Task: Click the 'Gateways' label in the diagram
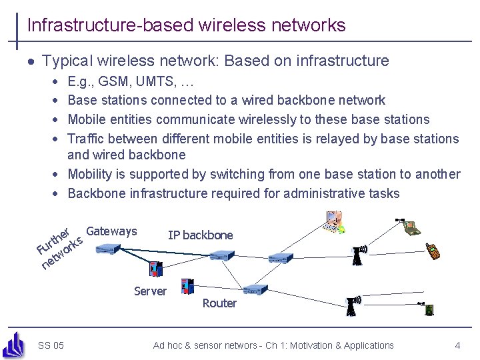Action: point(111,231)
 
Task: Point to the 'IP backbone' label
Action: point(200,235)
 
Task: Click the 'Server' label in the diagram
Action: point(150,291)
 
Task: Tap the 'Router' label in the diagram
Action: point(219,303)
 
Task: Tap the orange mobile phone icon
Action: point(433,251)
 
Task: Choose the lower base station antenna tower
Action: point(351,305)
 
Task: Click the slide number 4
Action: point(457,345)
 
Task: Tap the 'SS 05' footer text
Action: point(51,345)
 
